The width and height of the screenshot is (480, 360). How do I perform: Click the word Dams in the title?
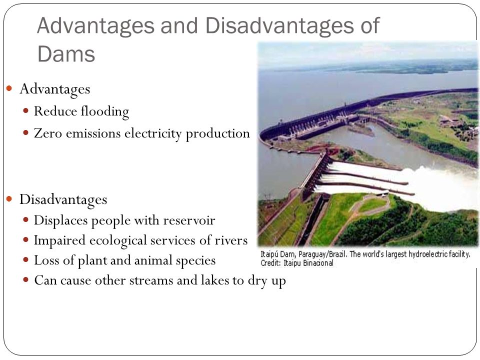66,54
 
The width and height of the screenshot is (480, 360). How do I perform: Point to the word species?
197,260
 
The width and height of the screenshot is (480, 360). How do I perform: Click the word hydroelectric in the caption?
418,254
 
